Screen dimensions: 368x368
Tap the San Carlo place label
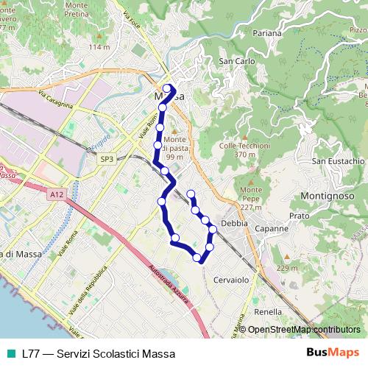click(236, 61)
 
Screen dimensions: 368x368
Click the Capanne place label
click(272, 229)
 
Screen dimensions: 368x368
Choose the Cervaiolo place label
click(233, 280)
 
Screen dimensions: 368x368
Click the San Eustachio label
click(339, 161)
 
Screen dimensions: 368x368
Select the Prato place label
click(300, 216)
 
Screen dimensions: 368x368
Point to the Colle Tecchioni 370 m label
click(244, 150)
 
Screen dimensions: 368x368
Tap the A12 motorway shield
click(58, 194)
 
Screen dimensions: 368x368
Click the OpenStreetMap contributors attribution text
click(303, 330)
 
